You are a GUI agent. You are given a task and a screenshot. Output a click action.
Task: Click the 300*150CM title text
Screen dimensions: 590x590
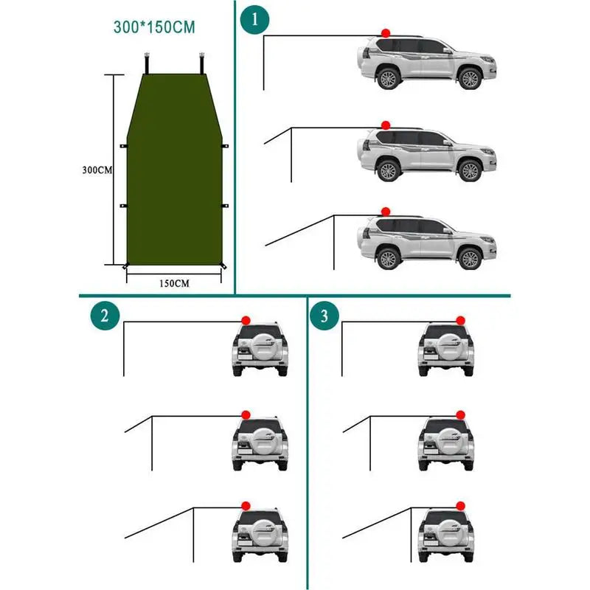pos(154,29)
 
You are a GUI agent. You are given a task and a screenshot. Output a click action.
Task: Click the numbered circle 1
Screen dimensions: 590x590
pos(255,20)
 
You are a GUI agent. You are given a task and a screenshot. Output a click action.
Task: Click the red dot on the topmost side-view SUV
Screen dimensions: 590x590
pos(385,33)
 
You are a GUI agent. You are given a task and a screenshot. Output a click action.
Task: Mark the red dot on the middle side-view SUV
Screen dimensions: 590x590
pos(385,125)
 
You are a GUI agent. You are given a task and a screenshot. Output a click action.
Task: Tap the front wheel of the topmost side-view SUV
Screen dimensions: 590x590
pos(469,78)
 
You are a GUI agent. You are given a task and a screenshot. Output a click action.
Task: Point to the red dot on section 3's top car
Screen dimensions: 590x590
pos(460,320)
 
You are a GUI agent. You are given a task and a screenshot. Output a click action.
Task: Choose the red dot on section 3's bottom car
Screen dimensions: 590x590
pos(460,504)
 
